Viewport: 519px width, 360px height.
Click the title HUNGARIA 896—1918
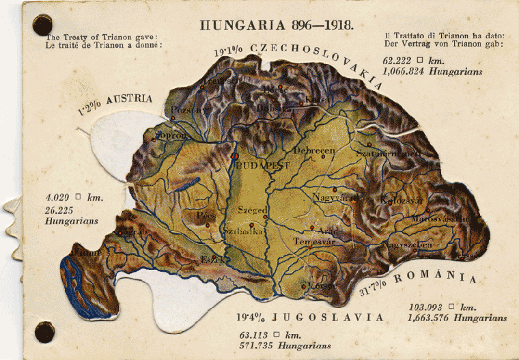(277, 25)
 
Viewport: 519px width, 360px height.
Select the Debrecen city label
(313, 150)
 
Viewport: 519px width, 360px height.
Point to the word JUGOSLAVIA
(328, 318)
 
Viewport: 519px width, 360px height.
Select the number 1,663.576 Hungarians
(457, 318)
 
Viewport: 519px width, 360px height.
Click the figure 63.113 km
(270, 335)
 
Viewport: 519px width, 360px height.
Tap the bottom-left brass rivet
(44, 332)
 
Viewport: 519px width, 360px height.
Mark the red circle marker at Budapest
(236, 156)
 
